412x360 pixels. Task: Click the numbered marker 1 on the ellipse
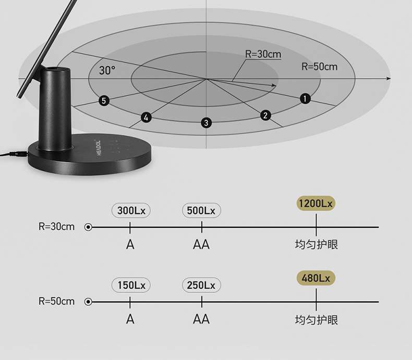(x=305, y=98)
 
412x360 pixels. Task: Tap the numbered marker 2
(x=265, y=115)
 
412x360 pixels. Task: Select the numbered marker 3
(x=207, y=123)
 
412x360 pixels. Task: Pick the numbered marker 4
(x=146, y=118)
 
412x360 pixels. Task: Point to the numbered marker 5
(x=104, y=101)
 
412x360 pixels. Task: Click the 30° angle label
(x=107, y=70)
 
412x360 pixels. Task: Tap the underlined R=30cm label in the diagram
(x=263, y=54)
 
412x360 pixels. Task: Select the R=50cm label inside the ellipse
(x=319, y=67)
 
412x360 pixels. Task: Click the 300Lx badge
(x=131, y=210)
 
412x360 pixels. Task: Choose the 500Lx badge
(x=201, y=210)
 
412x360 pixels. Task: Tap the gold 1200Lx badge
(x=316, y=204)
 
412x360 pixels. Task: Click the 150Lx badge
(x=131, y=285)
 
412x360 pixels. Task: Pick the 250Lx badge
(x=201, y=285)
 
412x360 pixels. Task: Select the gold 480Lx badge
(x=316, y=278)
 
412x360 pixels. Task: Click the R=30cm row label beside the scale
(x=56, y=227)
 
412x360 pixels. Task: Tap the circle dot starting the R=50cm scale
(x=88, y=302)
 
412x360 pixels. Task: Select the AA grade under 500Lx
(x=201, y=244)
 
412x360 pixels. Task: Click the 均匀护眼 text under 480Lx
(x=316, y=319)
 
